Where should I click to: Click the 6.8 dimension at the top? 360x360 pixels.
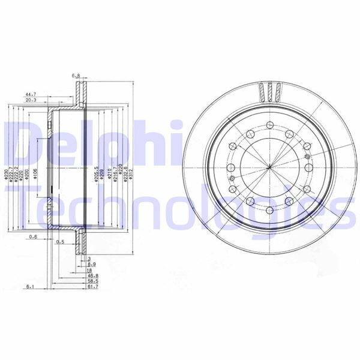(x=76, y=76)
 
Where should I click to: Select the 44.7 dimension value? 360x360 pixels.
(x=32, y=94)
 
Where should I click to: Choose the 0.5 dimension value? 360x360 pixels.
(x=60, y=242)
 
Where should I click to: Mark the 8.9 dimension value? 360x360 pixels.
(x=91, y=264)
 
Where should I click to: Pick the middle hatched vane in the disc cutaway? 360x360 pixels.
(x=269, y=93)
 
